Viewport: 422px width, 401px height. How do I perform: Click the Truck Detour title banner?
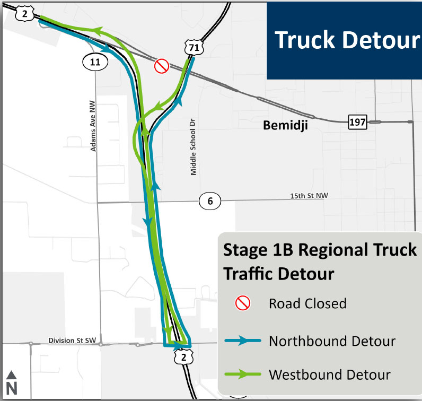tap(344, 40)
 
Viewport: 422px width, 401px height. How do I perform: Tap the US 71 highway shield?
tap(194, 48)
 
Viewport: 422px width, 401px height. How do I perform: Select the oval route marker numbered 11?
tap(95, 62)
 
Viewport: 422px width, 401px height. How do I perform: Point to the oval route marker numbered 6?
tap(210, 201)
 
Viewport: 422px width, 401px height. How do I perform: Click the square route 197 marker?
tap(357, 123)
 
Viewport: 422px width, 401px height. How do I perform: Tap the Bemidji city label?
tap(286, 125)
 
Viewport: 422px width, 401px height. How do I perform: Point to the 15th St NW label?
tap(309, 196)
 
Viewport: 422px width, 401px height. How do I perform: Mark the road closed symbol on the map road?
tap(161, 66)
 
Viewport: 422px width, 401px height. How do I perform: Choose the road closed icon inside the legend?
tap(243, 303)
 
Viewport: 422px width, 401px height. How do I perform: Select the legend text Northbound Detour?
tap(332, 341)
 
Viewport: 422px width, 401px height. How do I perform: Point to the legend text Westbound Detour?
tap(330, 374)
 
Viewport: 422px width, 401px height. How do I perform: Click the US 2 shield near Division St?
tap(182, 359)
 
